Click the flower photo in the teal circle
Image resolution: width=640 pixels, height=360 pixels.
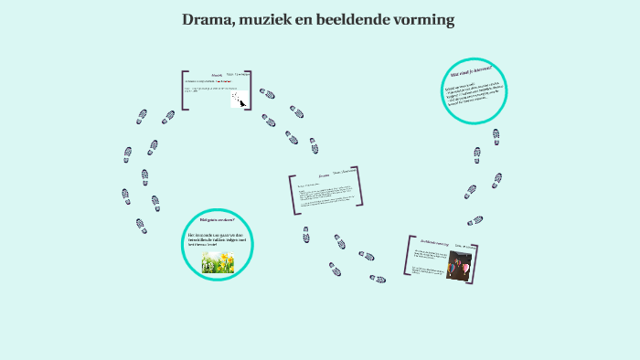click(x=218, y=261)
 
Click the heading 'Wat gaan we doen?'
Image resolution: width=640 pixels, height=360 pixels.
click(x=218, y=220)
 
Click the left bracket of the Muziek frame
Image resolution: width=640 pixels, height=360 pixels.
click(x=184, y=90)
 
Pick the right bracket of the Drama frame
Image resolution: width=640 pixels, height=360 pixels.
click(x=356, y=185)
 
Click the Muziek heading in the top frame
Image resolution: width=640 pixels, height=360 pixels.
click(x=217, y=76)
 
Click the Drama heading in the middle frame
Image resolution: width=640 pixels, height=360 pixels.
click(x=323, y=174)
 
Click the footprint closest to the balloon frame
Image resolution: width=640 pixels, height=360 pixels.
click(x=378, y=279)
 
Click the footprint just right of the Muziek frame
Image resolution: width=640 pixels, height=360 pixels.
click(x=267, y=93)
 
